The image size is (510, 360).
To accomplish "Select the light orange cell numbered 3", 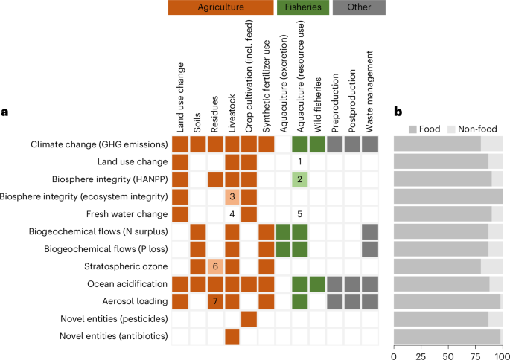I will (232, 196).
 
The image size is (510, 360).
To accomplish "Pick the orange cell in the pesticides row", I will (249, 318).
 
